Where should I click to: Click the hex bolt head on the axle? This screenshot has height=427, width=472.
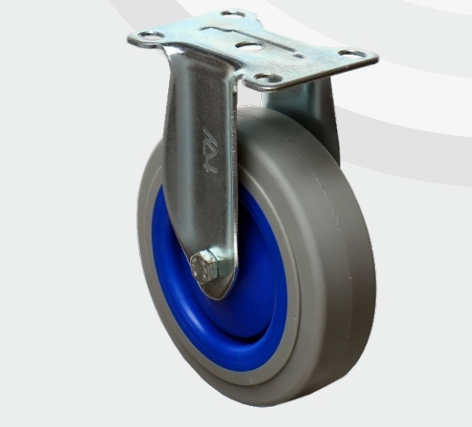coord(204,267)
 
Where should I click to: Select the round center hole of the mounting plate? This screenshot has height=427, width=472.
coord(250,46)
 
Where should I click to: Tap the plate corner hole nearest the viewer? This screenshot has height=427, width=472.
coord(268,78)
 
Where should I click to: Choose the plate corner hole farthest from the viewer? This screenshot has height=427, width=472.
coord(233,14)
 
